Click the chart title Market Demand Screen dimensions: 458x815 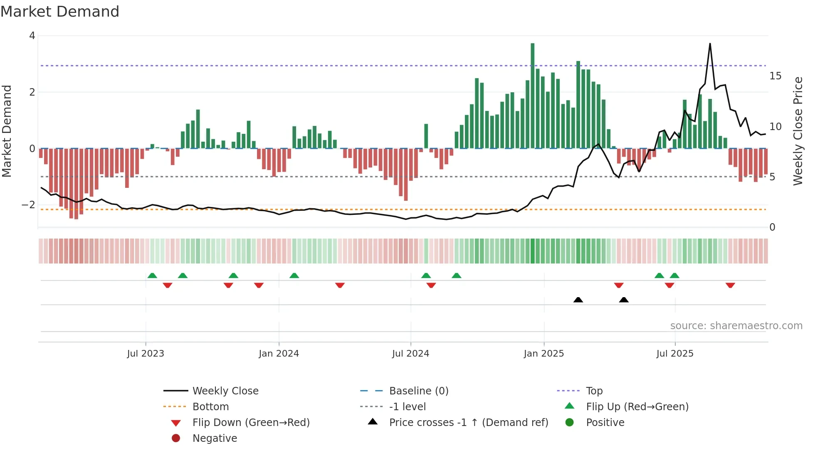[60, 12]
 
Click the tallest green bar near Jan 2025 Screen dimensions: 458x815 [532, 96]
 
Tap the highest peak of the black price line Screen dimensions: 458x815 [710, 44]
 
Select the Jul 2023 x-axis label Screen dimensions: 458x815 [146, 354]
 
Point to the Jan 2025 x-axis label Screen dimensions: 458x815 [543, 354]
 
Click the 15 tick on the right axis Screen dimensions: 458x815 [775, 76]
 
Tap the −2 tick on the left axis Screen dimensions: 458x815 [28, 205]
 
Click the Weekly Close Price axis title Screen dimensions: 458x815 [798, 131]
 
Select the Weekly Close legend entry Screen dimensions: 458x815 [225, 391]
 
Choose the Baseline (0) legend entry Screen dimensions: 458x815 [418, 391]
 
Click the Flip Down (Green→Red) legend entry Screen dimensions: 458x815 [251, 423]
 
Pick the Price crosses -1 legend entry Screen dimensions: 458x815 [468, 423]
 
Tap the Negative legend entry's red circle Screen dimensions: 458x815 [176, 438]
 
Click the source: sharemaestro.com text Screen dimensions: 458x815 [736, 326]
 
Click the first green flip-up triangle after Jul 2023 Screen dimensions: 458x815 [152, 276]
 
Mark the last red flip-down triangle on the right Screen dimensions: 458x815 [730, 285]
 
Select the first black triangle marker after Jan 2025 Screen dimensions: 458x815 [578, 300]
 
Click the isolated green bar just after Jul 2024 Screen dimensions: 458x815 [426, 136]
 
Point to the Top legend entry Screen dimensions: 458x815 [594, 391]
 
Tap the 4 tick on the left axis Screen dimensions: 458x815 [32, 36]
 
